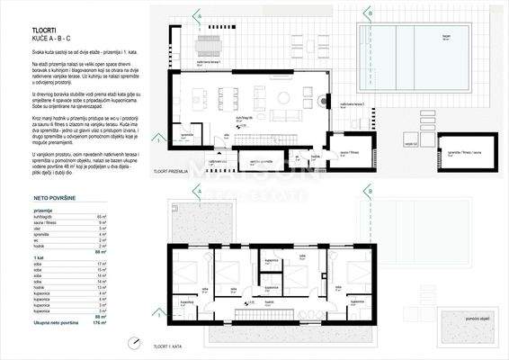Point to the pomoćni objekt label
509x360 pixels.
[x=464, y=319]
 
